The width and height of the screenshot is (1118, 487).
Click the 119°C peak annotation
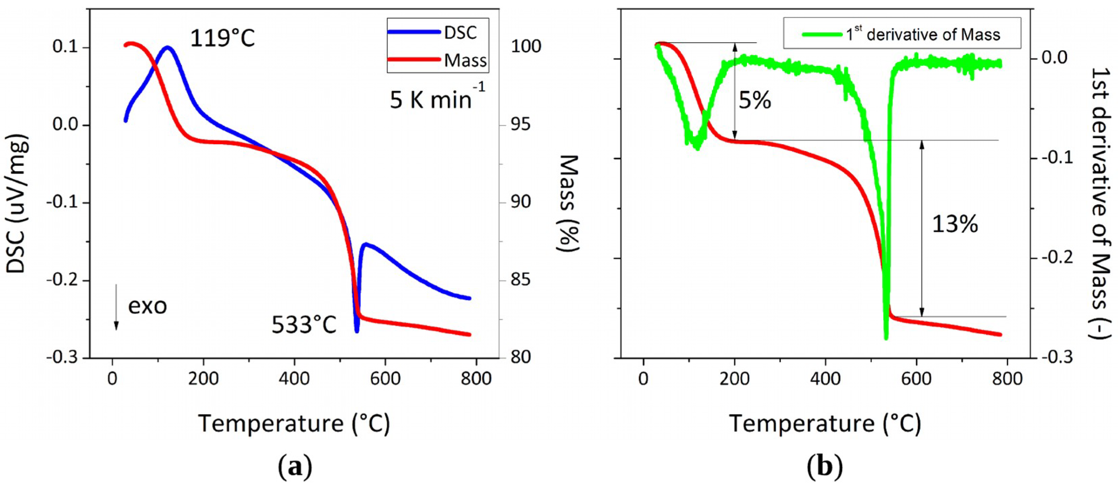pos(222,38)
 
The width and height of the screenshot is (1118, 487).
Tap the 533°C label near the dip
pos(304,325)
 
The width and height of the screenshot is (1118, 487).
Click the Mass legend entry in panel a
pos(438,60)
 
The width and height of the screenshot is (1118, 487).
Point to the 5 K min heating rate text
pos(436,99)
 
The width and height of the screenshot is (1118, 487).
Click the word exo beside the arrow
pos(148,306)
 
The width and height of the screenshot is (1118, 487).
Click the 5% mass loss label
pos(755,101)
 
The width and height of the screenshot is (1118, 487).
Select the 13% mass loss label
pos(955,224)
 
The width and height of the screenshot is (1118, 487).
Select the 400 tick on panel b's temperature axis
pos(825,378)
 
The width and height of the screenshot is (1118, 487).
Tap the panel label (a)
pos(295,467)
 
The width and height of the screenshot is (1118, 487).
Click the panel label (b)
pos(825,467)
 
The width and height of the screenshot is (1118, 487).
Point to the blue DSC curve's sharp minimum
pos(357,331)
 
